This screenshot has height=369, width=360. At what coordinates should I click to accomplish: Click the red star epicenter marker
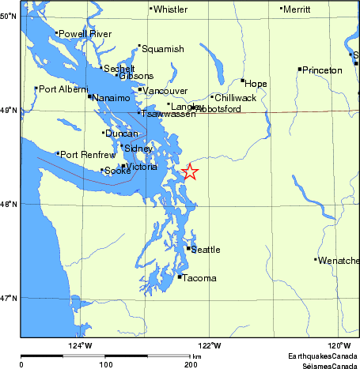pos(190,171)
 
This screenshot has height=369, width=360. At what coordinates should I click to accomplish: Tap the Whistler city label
pos(170,9)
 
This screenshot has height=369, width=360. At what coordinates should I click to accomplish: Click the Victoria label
pos(142,166)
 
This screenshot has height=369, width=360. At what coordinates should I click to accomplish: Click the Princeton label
pos(324,70)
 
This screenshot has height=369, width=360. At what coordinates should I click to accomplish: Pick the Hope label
pos(256,83)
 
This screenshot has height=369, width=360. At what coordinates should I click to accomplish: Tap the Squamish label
pos(163,49)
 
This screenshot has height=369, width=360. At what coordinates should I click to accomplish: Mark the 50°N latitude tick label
pos(9,16)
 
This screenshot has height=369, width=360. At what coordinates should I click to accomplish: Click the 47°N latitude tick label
pos(9,298)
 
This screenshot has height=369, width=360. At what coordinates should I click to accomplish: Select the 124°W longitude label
pos(80,345)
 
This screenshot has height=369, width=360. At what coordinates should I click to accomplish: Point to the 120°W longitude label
pos(339,345)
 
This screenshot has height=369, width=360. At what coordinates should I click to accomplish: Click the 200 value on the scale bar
pos(191,365)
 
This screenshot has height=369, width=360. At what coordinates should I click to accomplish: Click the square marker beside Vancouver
pos(140,89)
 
